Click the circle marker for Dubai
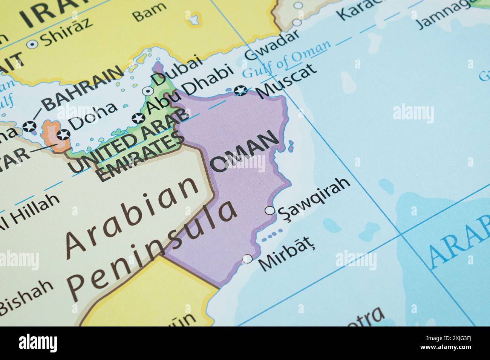point(148,91)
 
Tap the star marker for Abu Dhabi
point(138,119)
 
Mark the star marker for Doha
point(63,134)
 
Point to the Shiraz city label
point(67,32)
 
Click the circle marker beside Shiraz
point(32,44)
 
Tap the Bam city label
point(150,12)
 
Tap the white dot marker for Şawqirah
point(270,211)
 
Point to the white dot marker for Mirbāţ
point(247,259)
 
